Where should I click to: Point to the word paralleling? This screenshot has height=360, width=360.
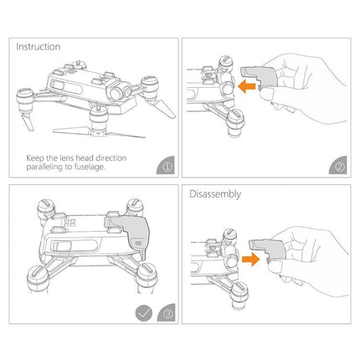pos(45,166)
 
